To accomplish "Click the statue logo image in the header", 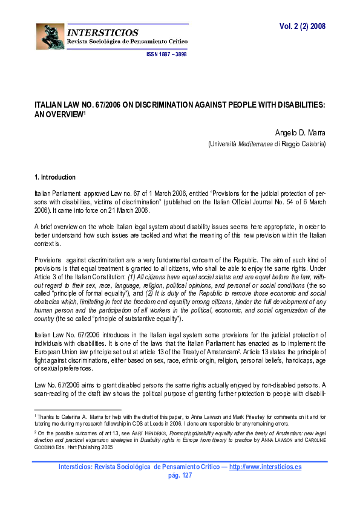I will (x=50, y=37).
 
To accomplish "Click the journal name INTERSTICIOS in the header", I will (x=103, y=32).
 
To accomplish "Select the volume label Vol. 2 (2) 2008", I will (x=303, y=27).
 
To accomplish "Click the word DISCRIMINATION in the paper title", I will (x=166, y=105).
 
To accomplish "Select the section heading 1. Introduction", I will (x=55, y=177).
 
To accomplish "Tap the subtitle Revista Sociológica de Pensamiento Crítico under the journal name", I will (x=127, y=41).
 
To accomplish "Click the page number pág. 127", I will (x=180, y=475).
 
